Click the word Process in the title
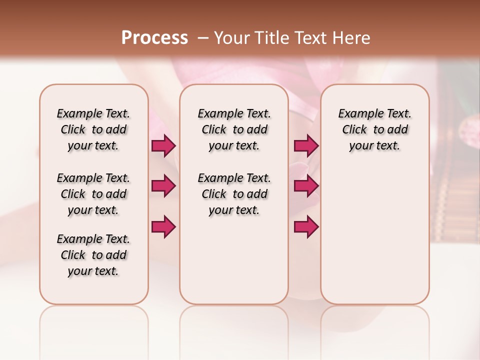(x=154, y=37)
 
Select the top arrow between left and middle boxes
(x=163, y=146)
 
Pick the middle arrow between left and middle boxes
(x=163, y=186)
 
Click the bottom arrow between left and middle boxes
(x=163, y=227)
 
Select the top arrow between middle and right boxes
(x=306, y=146)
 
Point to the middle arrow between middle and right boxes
(x=306, y=186)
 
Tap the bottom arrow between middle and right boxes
(x=306, y=227)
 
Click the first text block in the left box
(x=93, y=129)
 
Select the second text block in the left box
(x=93, y=194)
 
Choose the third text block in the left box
(x=93, y=255)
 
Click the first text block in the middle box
(x=234, y=129)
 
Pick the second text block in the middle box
(x=234, y=194)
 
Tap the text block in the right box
(x=374, y=129)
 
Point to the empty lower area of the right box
(x=374, y=235)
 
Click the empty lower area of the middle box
(x=234, y=260)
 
